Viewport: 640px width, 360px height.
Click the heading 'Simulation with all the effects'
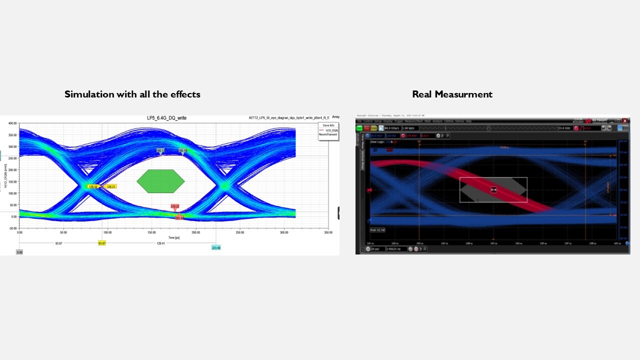point(132,94)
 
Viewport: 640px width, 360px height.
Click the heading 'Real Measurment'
point(452,94)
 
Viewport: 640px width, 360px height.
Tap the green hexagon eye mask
point(160,181)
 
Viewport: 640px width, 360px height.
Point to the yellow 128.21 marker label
point(110,186)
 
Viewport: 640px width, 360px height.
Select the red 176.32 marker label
point(174,206)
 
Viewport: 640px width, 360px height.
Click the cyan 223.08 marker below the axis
point(216,247)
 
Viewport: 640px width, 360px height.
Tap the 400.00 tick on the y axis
point(11,123)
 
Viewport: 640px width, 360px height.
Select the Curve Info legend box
point(328,131)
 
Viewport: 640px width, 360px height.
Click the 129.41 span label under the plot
point(160,243)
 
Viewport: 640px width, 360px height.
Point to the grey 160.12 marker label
point(160,150)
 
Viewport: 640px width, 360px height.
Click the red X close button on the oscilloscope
point(625,120)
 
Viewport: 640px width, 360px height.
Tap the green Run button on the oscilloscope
point(359,128)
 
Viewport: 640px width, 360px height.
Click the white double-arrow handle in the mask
point(493,189)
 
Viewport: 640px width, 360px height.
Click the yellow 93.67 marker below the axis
point(102,243)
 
